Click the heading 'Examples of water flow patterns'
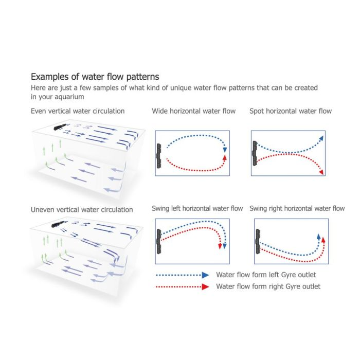click(x=95, y=77)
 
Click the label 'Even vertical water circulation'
click(x=78, y=111)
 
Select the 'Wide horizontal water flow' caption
click(x=193, y=111)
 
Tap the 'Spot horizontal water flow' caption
click(x=291, y=111)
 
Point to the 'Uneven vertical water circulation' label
click(x=82, y=210)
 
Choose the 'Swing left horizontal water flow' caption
click(x=197, y=208)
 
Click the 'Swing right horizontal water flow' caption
click(x=297, y=208)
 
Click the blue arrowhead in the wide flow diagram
click(x=225, y=150)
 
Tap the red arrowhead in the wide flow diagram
click(x=225, y=157)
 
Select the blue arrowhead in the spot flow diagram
click(x=321, y=138)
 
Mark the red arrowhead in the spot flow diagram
click(x=321, y=172)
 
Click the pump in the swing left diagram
click(x=159, y=241)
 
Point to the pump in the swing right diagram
click(x=258, y=241)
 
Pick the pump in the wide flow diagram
click(x=159, y=156)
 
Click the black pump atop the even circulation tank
click(x=61, y=127)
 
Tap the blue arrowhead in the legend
click(x=205, y=275)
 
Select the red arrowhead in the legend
click(x=205, y=287)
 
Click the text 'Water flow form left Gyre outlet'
click(x=266, y=275)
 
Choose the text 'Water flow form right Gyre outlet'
click(x=268, y=286)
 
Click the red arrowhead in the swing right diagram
click(x=323, y=240)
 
